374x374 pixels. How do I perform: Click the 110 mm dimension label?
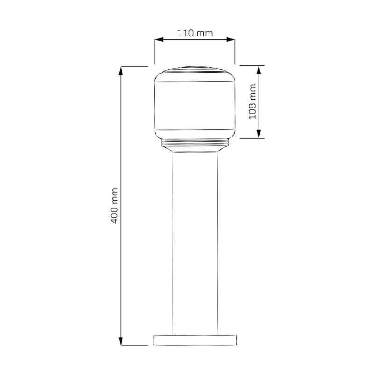[x=195, y=33]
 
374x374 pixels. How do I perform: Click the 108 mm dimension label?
[x=252, y=101]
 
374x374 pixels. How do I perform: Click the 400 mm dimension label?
[x=115, y=206]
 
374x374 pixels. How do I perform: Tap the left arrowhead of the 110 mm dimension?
[x=159, y=40]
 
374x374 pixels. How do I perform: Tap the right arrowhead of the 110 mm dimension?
[x=230, y=40]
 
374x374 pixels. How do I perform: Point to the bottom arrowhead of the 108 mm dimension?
[x=259, y=134]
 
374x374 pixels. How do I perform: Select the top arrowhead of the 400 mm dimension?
[x=121, y=71]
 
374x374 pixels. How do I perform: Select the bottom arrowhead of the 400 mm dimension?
[x=121, y=341]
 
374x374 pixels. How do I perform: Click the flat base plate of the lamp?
[x=195, y=340]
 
